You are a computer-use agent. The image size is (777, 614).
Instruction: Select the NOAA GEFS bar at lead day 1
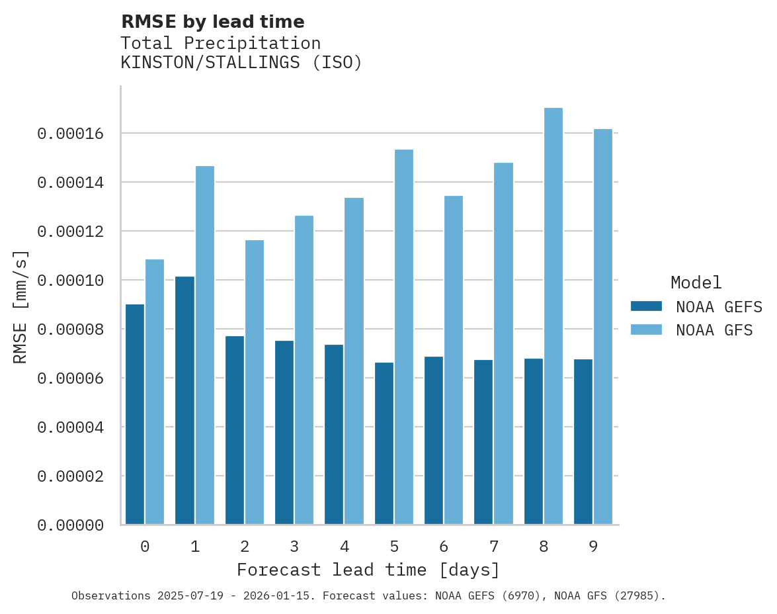click(x=185, y=400)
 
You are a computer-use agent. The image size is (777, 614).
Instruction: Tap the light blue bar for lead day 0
click(x=155, y=392)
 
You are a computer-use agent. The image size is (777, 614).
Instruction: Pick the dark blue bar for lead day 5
click(x=384, y=443)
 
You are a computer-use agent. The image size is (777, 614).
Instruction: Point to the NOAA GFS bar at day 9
click(x=603, y=327)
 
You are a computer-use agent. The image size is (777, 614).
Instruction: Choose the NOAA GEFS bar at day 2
click(x=235, y=430)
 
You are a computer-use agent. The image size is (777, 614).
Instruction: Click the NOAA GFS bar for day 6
click(x=454, y=360)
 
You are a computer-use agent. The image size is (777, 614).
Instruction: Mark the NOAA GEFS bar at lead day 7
click(x=483, y=442)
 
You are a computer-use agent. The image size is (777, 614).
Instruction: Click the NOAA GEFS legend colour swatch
click(x=646, y=306)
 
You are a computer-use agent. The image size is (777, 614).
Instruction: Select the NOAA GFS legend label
click(x=714, y=330)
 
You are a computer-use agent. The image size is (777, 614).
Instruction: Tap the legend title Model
click(x=696, y=283)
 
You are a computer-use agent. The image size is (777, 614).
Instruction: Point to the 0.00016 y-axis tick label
click(x=71, y=134)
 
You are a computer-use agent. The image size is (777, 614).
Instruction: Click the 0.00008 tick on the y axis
click(x=71, y=329)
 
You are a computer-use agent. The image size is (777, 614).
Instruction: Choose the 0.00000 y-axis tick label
click(x=71, y=525)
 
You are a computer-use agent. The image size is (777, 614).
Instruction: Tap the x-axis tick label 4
click(x=345, y=547)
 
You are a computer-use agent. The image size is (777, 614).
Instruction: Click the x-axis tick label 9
click(x=593, y=547)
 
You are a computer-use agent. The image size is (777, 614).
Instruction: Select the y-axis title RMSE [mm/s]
click(x=20, y=306)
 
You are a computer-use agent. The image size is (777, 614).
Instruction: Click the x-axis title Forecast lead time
click(x=368, y=570)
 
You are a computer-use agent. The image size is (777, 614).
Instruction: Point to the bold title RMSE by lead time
click(x=213, y=22)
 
